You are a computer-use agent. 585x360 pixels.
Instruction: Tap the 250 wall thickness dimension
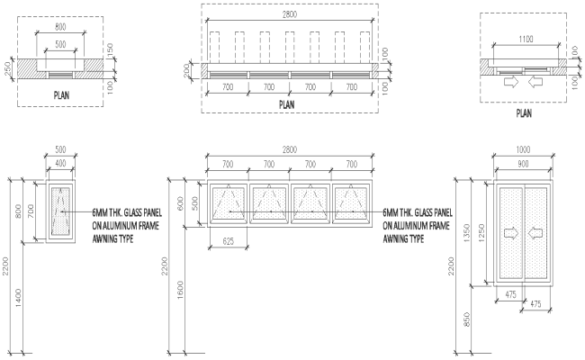pyautogui.click(x=6, y=69)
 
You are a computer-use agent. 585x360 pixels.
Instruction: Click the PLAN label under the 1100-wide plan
pyautogui.click(x=523, y=113)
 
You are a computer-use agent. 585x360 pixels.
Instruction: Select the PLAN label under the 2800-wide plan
pyautogui.click(x=285, y=104)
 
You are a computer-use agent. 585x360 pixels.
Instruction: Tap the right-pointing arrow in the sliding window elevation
pyautogui.click(x=511, y=233)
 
